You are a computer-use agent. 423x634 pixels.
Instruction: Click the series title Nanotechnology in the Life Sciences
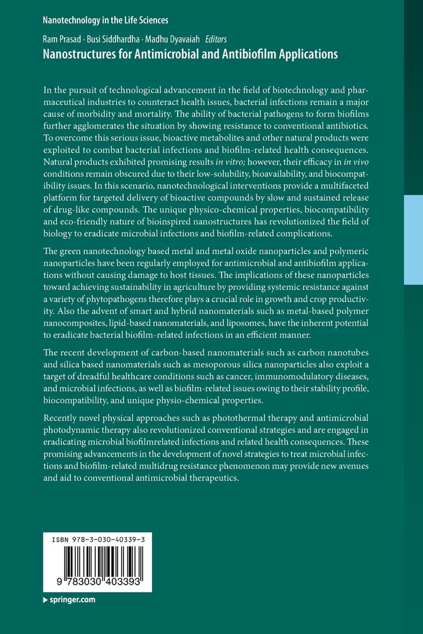click(105, 20)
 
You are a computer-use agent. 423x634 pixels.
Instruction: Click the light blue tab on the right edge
click(413, 239)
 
